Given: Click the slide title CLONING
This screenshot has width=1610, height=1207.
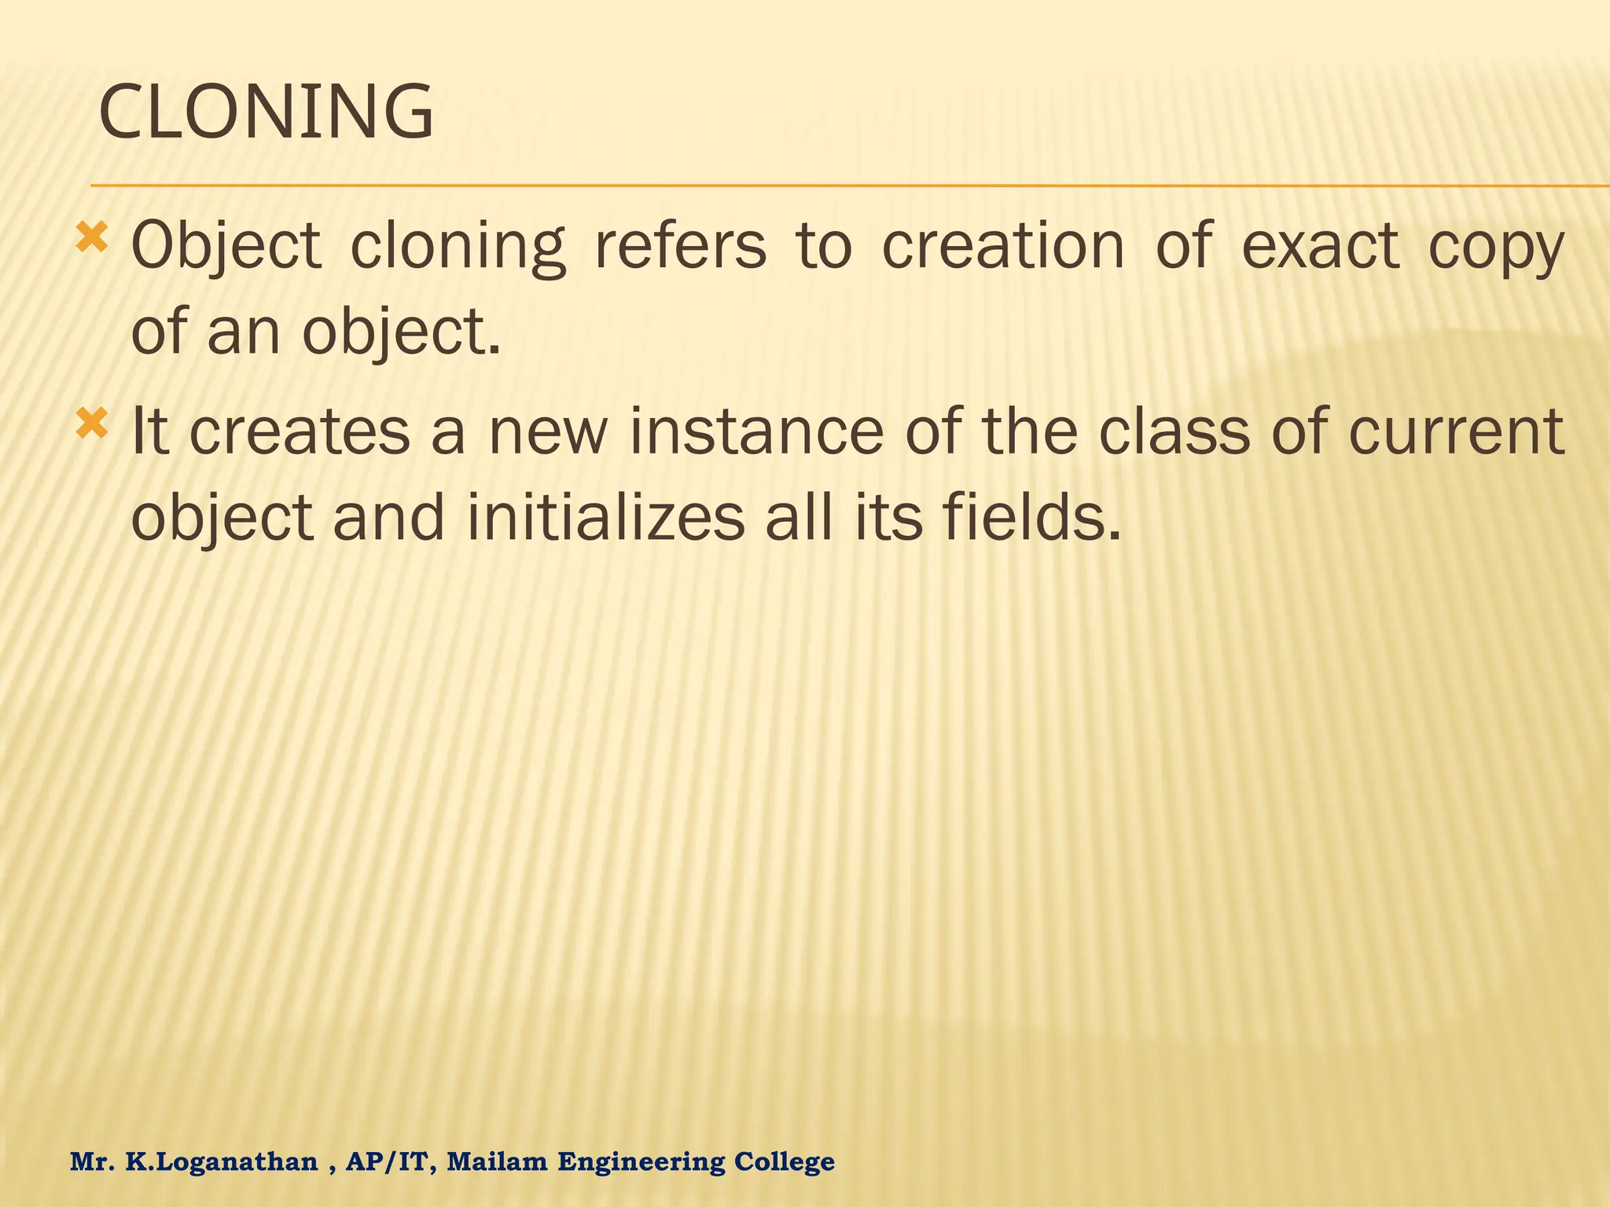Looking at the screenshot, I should click(266, 113).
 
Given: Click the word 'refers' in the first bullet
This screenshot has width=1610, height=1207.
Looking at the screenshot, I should click(680, 245).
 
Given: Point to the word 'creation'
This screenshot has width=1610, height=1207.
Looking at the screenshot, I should click(1004, 245).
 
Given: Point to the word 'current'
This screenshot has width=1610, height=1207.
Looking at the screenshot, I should click(1456, 431).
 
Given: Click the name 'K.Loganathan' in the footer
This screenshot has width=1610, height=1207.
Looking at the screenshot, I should click(222, 1161).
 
